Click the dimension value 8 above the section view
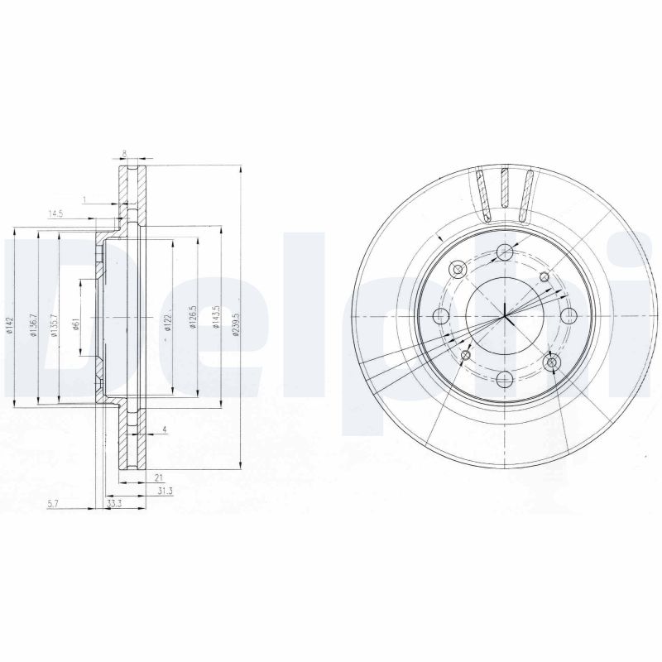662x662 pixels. [x=124, y=153]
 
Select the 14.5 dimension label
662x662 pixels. [x=55, y=214]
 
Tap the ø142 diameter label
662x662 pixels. [x=11, y=325]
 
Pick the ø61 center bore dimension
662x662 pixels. [x=74, y=325]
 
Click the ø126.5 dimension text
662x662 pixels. [x=191, y=318]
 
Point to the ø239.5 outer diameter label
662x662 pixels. [x=236, y=318]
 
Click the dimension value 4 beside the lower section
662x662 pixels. [x=165, y=429]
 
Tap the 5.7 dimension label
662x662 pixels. [x=54, y=502]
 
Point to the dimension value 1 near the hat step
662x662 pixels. [x=84, y=199]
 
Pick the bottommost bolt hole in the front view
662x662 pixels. [x=504, y=379]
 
